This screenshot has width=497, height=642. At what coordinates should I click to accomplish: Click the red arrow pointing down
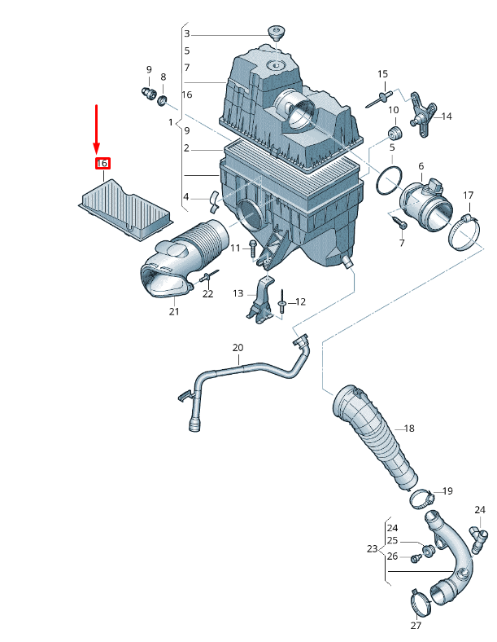[x=97, y=130]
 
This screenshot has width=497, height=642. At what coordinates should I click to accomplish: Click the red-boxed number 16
[x=102, y=164]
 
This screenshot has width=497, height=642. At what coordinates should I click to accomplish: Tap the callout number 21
[x=174, y=311]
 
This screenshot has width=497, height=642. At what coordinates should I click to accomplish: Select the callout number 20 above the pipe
[x=238, y=348]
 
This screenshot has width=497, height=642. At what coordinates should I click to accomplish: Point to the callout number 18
[x=408, y=429]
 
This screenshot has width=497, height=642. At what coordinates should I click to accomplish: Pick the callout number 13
[x=238, y=293]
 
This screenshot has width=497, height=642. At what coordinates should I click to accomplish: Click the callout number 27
[x=416, y=625]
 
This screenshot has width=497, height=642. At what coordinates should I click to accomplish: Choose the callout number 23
[x=372, y=548]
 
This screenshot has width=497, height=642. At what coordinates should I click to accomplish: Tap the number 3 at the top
[x=187, y=33]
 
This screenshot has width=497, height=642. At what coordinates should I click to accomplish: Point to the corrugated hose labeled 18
[x=374, y=436]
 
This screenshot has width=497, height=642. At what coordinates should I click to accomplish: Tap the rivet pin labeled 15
[x=378, y=99]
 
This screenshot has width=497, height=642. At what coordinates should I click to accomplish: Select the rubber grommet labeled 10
[x=395, y=134]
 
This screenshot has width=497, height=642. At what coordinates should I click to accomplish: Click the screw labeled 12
[x=282, y=301]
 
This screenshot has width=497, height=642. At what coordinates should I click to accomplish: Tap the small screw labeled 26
[x=416, y=557]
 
